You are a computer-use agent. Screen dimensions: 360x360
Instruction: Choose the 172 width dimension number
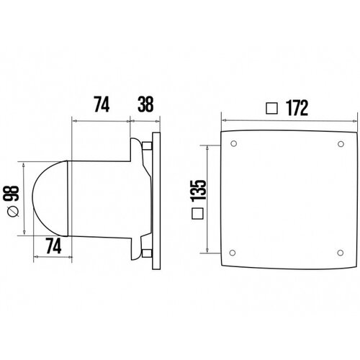point(296,109)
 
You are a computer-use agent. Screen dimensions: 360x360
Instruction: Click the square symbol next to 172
point(271,109)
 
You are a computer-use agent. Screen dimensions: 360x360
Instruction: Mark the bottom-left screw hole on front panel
point(233,251)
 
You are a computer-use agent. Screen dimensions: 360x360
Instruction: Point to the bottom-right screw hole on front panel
point(341,251)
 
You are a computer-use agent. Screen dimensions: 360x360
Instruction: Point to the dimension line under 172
point(288,120)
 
